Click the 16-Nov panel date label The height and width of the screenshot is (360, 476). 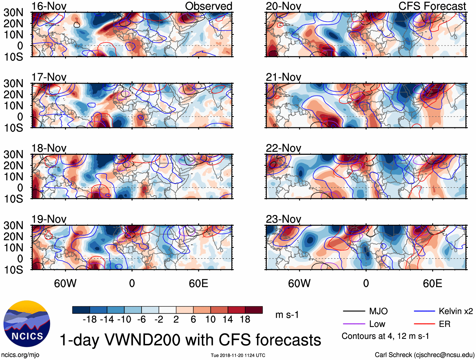tap(49, 6)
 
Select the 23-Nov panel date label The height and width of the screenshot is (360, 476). tap(283, 219)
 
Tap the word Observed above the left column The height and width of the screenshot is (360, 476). tap(208, 6)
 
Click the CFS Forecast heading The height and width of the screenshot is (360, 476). tap(432, 6)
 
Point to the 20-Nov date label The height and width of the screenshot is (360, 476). tap(283, 6)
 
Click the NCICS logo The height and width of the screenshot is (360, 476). tap(26, 324)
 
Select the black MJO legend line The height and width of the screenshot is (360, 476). tap(354, 311)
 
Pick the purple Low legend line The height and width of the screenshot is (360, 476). tap(354, 324)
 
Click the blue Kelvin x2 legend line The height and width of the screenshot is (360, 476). tap(424, 311)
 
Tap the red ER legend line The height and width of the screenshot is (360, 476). tap(424, 324)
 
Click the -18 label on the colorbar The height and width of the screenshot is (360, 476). tap(90, 319)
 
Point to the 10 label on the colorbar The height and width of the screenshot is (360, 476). tap(210, 319)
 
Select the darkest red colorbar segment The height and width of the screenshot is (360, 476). tap(254, 310)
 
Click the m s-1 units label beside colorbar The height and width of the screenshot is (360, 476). tap(287, 315)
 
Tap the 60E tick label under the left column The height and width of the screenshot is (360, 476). tap(198, 283)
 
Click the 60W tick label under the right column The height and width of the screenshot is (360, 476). tap(299, 283)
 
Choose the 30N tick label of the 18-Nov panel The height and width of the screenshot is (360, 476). tap(14, 154)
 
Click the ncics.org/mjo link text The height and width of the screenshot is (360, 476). tap(20, 355)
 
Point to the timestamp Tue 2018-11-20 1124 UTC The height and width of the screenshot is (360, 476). tap(238, 355)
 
